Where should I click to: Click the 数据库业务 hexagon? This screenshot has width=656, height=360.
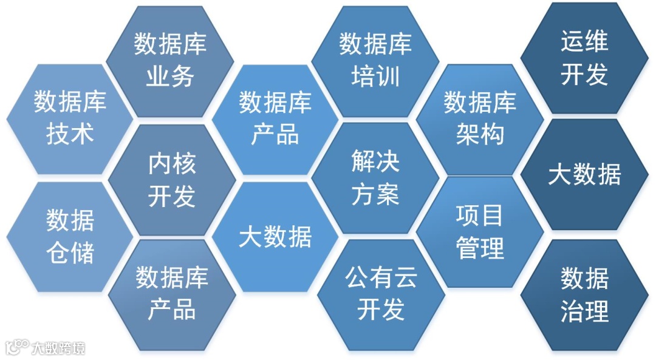tap(170, 61)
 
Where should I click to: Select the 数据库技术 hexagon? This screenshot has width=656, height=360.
tap(70, 118)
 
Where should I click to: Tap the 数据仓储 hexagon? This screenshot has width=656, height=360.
tap(70, 237)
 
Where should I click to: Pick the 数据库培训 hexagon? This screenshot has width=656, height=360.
tap(375, 61)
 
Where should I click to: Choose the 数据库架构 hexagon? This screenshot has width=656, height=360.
tap(480, 118)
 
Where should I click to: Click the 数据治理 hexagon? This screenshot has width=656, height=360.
tap(584, 296)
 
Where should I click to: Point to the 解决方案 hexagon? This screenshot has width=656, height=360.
tap(375, 178)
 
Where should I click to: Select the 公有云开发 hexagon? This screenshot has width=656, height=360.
tap(381, 294)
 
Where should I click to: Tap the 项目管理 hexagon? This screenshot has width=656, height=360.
tap(480, 231)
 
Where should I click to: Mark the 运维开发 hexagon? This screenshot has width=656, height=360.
tap(584, 58)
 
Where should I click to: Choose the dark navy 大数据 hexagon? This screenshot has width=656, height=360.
tap(584, 175)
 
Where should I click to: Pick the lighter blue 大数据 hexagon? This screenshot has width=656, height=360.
tap(275, 237)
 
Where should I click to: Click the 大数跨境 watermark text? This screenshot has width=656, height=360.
tap(58, 348)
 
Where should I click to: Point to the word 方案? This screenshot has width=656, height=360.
tap(375, 195)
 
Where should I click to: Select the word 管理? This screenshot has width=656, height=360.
tap(480, 248)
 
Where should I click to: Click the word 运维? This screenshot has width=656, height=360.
tap(584, 42)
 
